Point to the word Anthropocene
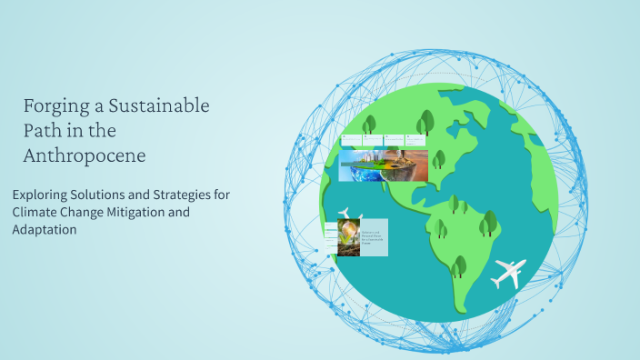[x=85, y=155]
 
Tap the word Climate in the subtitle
[x=36, y=213]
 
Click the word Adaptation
[x=45, y=230]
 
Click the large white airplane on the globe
[x=508, y=272]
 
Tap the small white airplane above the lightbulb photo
[x=346, y=215]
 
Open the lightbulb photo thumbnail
[x=349, y=237]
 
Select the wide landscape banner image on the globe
[x=383, y=165]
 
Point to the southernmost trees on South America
[x=459, y=265]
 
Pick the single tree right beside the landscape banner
[x=438, y=159]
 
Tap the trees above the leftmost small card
[x=368, y=125]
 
